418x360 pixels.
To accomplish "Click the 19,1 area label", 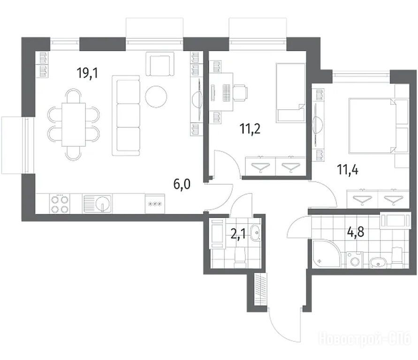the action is (87, 73).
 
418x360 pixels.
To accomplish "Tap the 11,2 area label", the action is (250, 129).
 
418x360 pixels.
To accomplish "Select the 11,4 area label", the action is (348, 169).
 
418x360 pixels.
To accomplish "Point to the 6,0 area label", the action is (182, 184).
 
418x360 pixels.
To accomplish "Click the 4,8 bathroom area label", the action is (355, 232).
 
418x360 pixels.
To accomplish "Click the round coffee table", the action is (156, 97).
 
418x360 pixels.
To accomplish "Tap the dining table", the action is (74, 124).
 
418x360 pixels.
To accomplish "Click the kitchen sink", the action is (97, 204).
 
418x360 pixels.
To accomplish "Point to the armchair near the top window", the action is (160, 64).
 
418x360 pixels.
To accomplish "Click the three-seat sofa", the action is (126, 116).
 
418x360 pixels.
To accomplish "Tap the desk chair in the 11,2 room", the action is (240, 93).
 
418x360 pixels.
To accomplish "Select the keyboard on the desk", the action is (226, 93).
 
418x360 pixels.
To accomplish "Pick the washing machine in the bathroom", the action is (355, 260).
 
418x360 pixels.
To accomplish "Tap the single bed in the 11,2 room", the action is (290, 93).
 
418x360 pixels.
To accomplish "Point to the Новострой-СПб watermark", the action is (365, 338).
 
